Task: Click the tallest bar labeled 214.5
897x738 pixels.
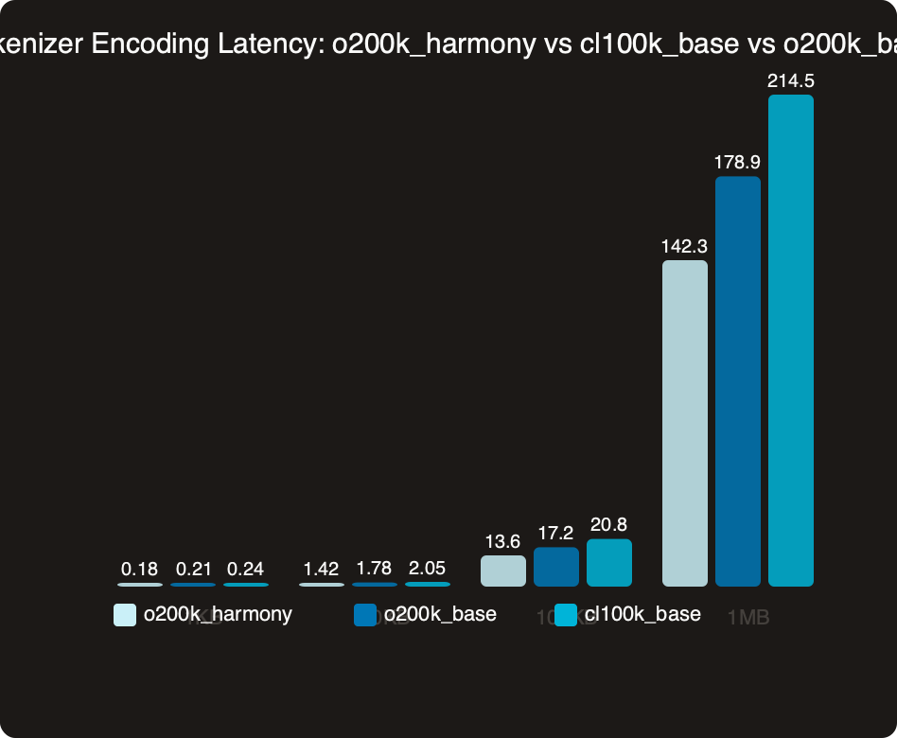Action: [790, 341]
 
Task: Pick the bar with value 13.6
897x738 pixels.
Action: [502, 571]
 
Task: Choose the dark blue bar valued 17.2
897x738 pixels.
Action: [555, 567]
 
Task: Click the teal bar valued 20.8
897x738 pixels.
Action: [608, 563]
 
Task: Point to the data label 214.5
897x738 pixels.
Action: [790, 81]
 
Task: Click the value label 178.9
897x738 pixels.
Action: [737, 163]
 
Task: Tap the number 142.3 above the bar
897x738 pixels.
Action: [684, 246]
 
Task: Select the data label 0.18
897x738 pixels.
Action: [139, 569]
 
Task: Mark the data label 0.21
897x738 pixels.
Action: [193, 569]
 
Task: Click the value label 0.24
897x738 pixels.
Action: [245, 569]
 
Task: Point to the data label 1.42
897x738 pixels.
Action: [321, 569]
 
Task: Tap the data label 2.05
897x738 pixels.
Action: [427, 569]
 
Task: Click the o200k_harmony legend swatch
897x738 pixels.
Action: [125, 615]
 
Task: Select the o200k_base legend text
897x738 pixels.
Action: [439, 614]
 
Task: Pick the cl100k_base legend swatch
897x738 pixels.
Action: [566, 615]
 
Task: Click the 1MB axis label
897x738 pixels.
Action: [747, 618]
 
